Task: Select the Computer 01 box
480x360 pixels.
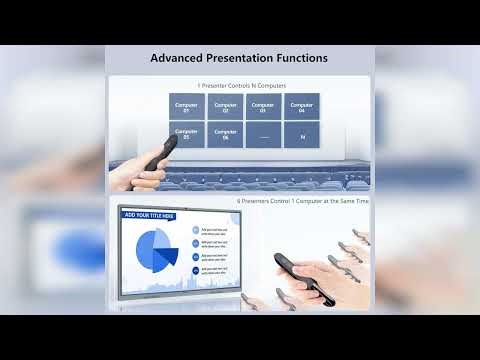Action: (187, 106)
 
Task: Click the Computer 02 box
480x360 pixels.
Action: (225, 106)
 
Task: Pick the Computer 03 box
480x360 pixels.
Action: (263, 106)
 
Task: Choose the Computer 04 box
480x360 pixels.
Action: (301, 106)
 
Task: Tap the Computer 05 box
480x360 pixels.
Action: (187, 134)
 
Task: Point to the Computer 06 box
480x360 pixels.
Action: (225, 134)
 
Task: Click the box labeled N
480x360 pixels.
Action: (301, 134)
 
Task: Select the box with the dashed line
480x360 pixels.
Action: (263, 134)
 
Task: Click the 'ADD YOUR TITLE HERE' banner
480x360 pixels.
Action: (149, 215)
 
